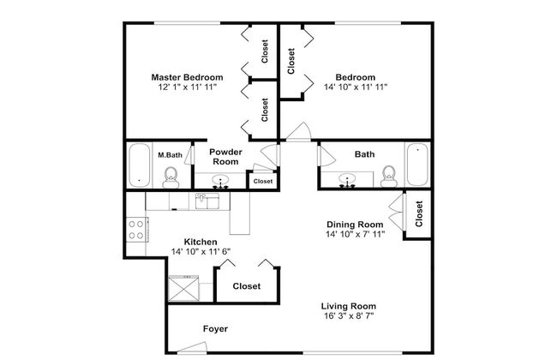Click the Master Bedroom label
(x=187, y=77)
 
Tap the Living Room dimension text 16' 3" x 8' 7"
(x=349, y=315)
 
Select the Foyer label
(x=215, y=329)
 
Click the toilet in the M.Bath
(x=171, y=177)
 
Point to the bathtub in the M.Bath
(x=139, y=165)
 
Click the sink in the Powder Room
(x=220, y=181)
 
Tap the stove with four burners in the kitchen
(x=136, y=230)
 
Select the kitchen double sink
(x=207, y=201)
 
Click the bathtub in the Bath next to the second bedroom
(x=417, y=165)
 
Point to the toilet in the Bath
(x=388, y=177)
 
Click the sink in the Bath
(x=346, y=180)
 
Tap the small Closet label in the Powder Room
(x=263, y=181)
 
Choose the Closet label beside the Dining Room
(x=419, y=214)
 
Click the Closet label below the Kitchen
(x=247, y=286)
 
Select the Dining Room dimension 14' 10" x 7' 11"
(x=356, y=234)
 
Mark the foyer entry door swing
(x=192, y=347)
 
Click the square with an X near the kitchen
(x=183, y=288)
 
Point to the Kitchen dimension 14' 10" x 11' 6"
(x=201, y=252)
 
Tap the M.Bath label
(x=170, y=155)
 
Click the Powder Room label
(x=225, y=157)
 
